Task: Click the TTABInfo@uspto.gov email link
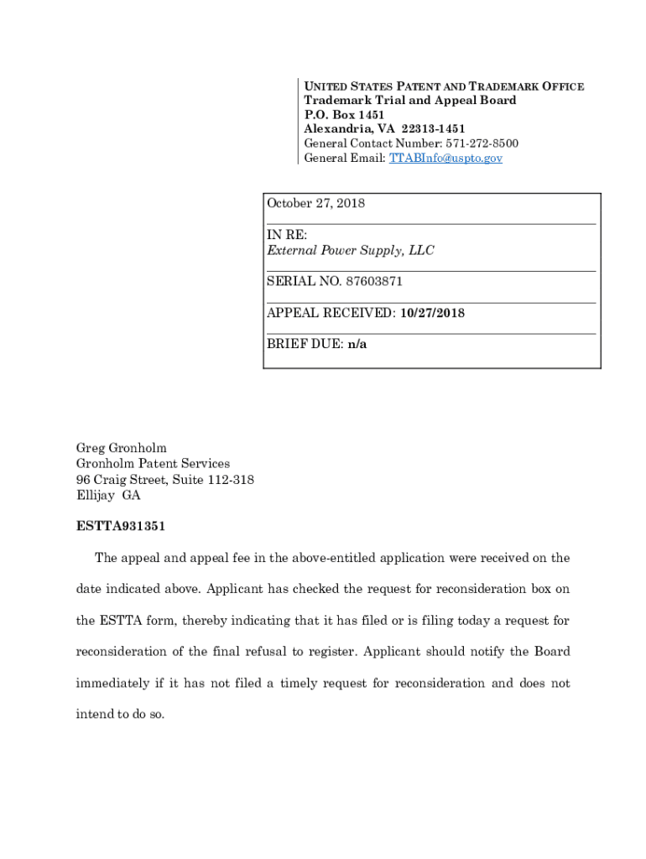(445, 158)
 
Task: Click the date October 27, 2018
(315, 203)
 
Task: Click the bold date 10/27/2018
(432, 313)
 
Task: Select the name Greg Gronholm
(122, 448)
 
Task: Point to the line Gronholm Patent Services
(153, 463)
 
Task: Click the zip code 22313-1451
(433, 128)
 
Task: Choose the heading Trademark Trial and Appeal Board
(409, 100)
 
